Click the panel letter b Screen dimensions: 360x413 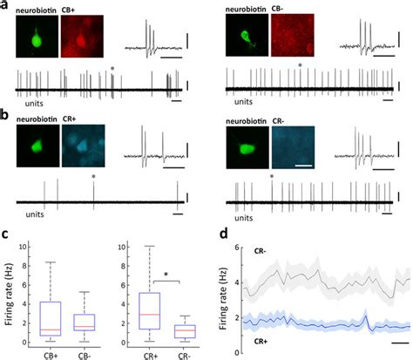[x=5, y=113]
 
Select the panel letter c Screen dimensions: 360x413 [x=5, y=234]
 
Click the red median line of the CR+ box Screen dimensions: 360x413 [x=150, y=313]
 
